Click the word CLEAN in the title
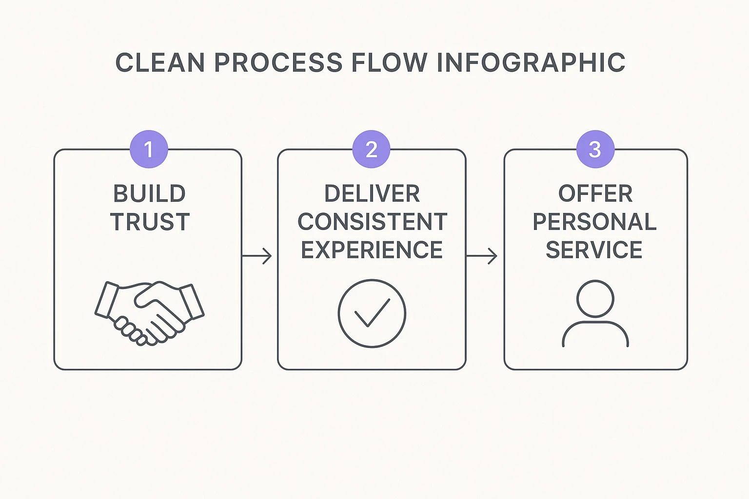159,63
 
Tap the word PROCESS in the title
278,63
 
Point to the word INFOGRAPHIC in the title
531,63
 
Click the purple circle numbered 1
149,149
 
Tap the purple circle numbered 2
371,149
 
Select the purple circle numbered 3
595,149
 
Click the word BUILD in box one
149,194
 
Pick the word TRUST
150,222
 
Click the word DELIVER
372,194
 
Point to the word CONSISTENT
372,222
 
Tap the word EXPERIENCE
372,250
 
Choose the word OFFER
595,194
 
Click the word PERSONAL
594,222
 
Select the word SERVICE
594,250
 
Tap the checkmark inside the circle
372,312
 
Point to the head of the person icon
595,299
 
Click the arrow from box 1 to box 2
257,255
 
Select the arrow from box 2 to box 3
482,255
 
